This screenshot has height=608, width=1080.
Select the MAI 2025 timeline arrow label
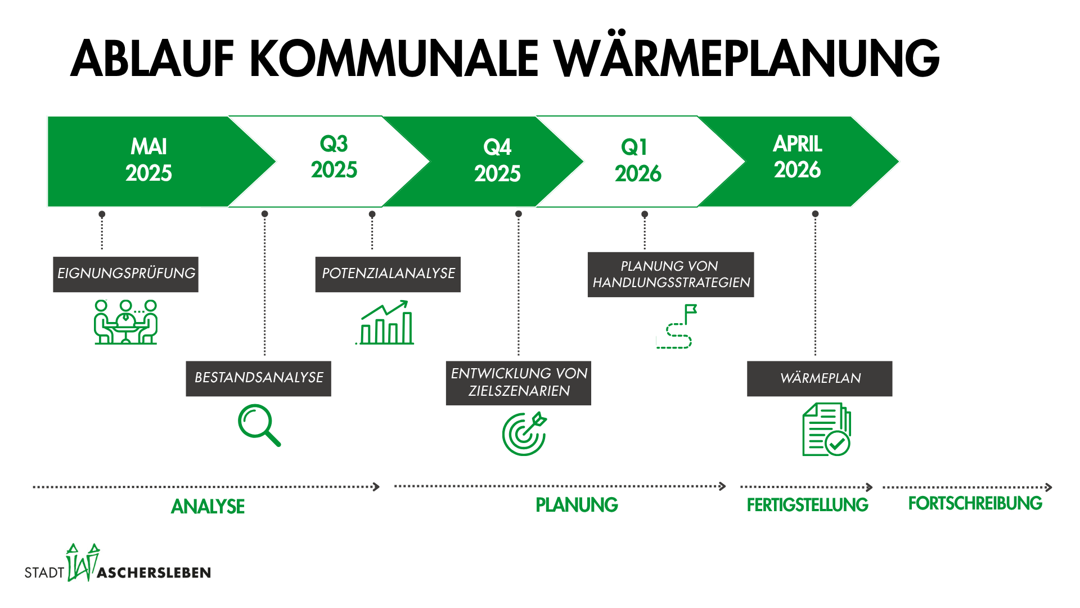pos(148,160)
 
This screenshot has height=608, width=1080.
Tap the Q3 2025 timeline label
pos(334,157)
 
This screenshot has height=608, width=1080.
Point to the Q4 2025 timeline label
pos(497,160)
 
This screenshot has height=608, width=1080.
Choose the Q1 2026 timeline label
pos(638,160)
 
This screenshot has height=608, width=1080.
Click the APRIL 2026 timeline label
pos(798,157)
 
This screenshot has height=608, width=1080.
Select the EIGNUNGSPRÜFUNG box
pos(125,274)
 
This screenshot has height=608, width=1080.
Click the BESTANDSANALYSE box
pos(258,378)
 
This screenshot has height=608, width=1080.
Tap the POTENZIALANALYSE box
pos(388,274)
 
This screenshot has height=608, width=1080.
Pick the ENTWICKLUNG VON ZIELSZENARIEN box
pos(518,383)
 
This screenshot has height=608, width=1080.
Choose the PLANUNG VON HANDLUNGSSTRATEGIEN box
pos(670,274)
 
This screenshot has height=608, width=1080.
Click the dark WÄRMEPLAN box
pos(820,378)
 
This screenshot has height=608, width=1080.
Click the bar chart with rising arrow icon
pos(386,323)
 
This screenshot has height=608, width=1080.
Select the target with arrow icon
pos(524,434)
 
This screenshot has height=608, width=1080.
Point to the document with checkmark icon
pos(826,429)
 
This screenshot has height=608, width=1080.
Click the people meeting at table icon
pos(125,322)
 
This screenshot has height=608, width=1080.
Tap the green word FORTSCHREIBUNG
pos(975,503)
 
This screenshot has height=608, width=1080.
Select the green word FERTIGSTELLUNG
pos(807,505)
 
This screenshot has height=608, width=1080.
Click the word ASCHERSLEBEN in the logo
pos(154,573)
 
